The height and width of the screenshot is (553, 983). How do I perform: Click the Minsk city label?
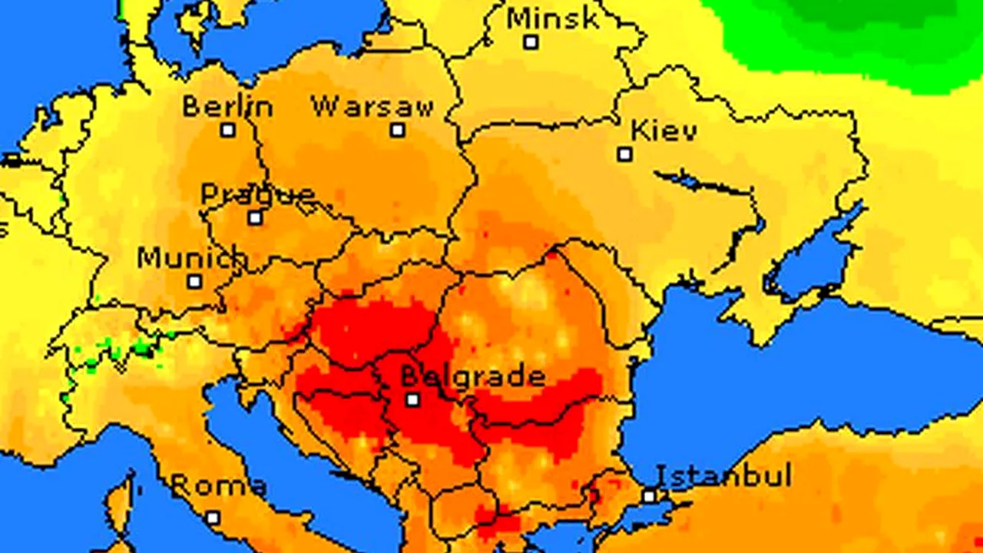pos(552,18)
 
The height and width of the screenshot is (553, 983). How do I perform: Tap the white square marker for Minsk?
pos(531,42)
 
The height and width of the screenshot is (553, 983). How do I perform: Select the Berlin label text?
pos(227,106)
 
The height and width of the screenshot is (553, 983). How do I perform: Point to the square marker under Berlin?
pos(228,130)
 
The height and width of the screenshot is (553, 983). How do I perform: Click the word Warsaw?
pos(372,106)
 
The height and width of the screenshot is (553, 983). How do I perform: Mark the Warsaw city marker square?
pos(397,130)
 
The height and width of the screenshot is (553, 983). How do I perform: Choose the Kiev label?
pos(664,131)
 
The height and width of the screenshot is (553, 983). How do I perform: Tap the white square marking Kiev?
pos(625,154)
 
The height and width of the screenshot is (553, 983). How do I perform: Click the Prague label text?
pos(257,194)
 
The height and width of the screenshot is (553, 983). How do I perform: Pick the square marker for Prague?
pos(255,218)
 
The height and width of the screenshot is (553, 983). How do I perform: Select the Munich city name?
pos(192,258)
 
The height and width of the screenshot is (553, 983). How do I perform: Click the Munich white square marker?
pos(195,282)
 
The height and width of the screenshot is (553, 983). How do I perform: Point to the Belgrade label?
pos(473,376)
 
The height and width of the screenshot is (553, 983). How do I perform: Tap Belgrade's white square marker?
pos(413,399)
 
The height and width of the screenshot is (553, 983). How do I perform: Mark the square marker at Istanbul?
pos(650,496)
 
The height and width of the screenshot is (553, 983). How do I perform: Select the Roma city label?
pos(218,485)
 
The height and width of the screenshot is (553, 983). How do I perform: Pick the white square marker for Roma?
pos(213,518)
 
